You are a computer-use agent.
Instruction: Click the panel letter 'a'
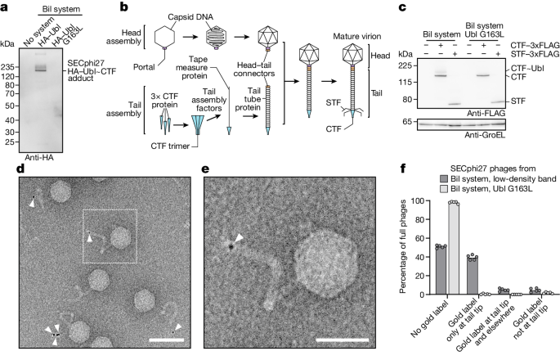pos(6,7)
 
